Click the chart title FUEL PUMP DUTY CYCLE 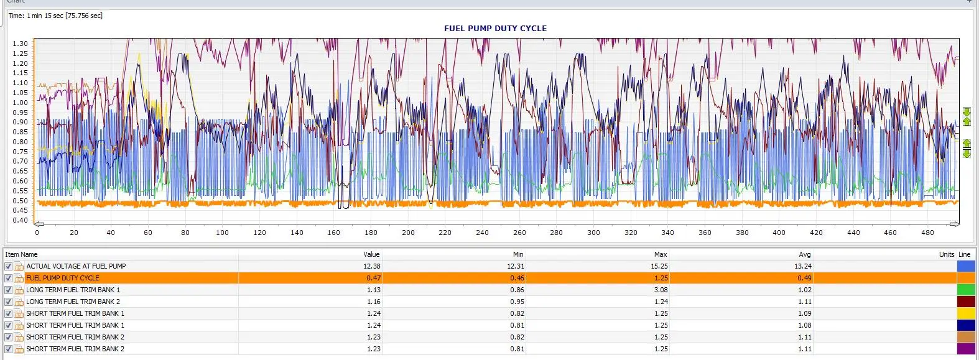pyautogui.click(x=495, y=29)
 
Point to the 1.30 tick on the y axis pyautogui.click(x=20, y=44)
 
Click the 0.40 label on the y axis pyautogui.click(x=20, y=220)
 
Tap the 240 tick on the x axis pyautogui.click(x=482, y=233)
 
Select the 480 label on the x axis pyautogui.click(x=927, y=233)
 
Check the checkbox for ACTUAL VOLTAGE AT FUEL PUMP pyautogui.click(x=8, y=266)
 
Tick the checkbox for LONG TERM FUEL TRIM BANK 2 pyautogui.click(x=8, y=302)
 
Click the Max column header pyautogui.click(x=661, y=254)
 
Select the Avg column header pyautogui.click(x=805, y=254)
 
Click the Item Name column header pyautogui.click(x=21, y=254)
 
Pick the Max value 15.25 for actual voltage pyautogui.click(x=659, y=266)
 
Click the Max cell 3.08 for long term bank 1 pyautogui.click(x=661, y=290)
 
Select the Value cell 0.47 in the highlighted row pyautogui.click(x=374, y=278)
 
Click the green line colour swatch pyautogui.click(x=966, y=290)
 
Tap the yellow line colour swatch pyautogui.click(x=966, y=313)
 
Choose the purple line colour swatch pyautogui.click(x=966, y=349)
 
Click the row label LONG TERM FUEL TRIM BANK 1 pyautogui.click(x=73, y=290)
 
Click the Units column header pyautogui.click(x=947, y=254)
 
